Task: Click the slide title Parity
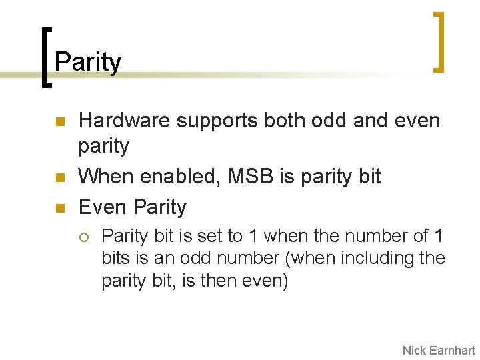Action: (x=88, y=63)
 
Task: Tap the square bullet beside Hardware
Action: (x=59, y=123)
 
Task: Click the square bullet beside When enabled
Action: (x=59, y=179)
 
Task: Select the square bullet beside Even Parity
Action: (x=59, y=209)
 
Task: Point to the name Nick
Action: (x=415, y=350)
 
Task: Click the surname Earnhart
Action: (x=453, y=350)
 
